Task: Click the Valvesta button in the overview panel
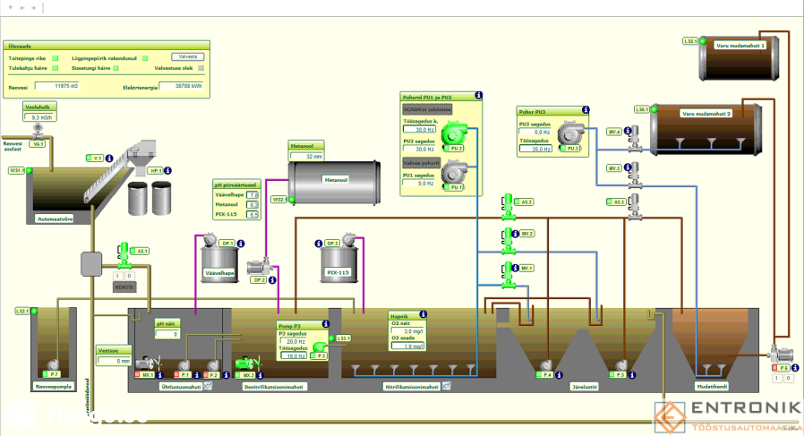187,56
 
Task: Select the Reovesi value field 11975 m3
62,87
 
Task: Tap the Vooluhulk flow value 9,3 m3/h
42,117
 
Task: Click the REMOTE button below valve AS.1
125,287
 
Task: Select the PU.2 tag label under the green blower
456,148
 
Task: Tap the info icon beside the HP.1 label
167,170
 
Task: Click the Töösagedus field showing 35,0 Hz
536,150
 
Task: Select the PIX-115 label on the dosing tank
338,272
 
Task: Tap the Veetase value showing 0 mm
115,362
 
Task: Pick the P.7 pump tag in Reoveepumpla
55,373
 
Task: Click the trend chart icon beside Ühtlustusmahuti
208,387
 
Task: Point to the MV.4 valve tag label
614,132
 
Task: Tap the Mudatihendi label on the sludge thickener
707,388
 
